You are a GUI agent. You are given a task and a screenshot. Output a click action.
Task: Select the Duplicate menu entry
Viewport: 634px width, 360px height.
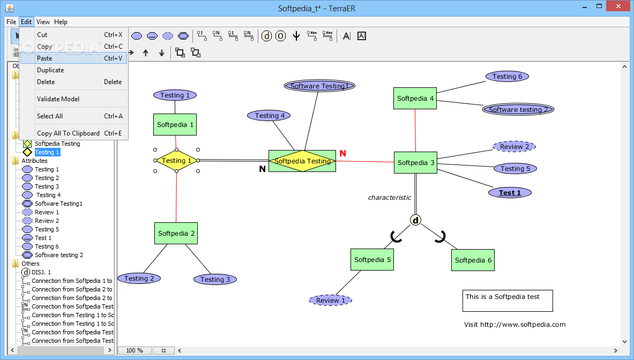tap(50, 70)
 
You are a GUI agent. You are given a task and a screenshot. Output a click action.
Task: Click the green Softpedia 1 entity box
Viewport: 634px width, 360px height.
tap(175, 124)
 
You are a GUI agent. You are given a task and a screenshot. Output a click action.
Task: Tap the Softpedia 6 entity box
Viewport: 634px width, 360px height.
tap(473, 260)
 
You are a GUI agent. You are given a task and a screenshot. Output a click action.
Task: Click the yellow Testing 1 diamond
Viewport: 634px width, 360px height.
tap(176, 160)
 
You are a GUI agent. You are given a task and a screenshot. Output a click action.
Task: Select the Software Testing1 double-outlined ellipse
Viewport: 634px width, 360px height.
tap(319, 86)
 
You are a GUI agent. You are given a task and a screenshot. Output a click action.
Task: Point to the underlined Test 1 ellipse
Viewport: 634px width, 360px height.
tap(510, 193)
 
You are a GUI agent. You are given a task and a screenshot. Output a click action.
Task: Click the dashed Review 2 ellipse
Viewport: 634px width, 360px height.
tap(514, 147)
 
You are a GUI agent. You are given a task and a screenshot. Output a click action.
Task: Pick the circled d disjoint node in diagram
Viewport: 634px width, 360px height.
tap(416, 220)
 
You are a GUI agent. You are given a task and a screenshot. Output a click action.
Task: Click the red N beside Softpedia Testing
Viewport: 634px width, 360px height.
tap(343, 154)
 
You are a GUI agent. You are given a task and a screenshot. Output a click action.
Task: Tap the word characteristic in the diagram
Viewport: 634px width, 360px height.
tap(390, 198)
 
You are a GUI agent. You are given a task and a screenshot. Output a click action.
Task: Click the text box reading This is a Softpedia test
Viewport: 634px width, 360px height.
tap(508, 301)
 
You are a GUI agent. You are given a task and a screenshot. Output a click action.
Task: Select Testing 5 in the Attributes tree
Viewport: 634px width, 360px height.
tap(47, 229)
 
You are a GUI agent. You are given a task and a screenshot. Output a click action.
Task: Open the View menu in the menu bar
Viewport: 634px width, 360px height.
tap(43, 22)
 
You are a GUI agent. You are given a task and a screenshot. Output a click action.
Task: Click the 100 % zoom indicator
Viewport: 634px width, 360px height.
tap(135, 350)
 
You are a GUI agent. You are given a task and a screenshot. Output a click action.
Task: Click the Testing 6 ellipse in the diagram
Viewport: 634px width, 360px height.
tap(507, 77)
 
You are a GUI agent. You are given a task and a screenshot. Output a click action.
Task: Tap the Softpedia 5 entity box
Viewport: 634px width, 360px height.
tap(372, 259)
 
